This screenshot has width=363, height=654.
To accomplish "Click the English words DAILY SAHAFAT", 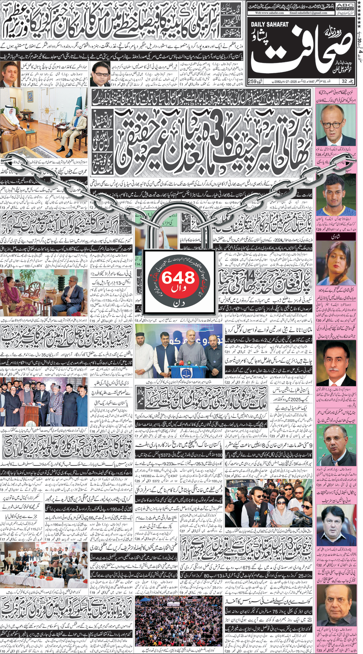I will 270,24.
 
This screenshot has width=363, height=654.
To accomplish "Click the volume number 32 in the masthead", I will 348,81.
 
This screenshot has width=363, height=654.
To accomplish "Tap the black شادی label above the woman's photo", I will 335,236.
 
